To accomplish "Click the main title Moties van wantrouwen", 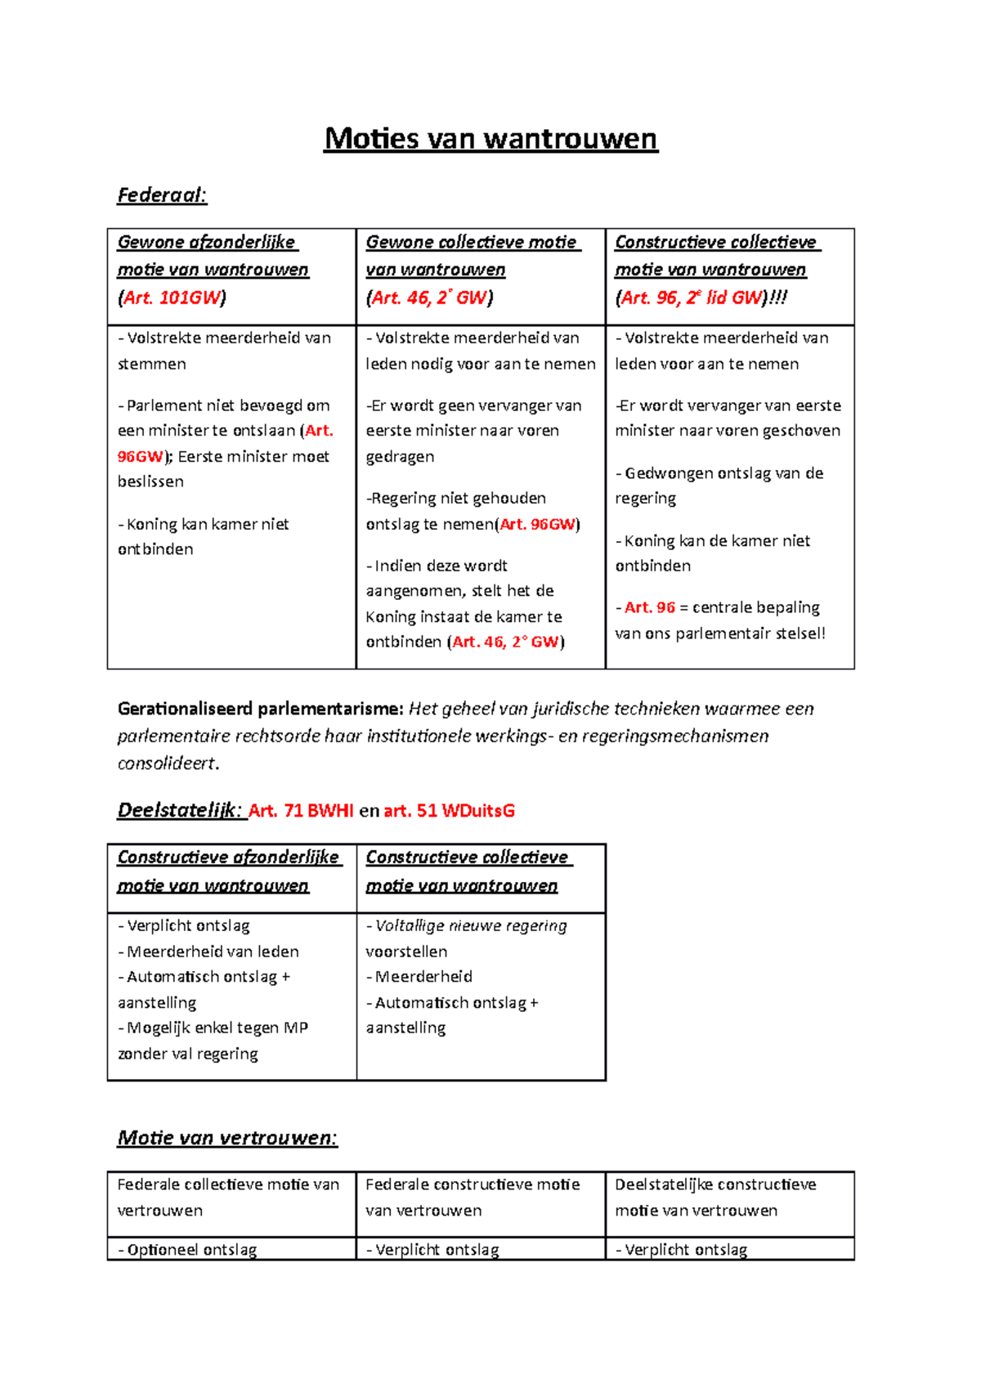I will pos(490,138).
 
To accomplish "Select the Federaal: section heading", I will pos(162,195).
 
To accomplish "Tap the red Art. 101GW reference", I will pos(172,298).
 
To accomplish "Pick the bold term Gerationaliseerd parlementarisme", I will pos(260,709).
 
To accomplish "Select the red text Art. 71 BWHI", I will pos(301,811).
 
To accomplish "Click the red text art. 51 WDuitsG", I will pos(449,811).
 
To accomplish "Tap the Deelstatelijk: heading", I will pos(180,811).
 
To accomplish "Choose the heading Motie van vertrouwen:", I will pos(227,1138).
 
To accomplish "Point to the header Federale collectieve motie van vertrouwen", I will pos(228,1197).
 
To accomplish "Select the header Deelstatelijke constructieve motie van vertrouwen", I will pos(715,1197).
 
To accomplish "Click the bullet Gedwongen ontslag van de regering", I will pos(719,486).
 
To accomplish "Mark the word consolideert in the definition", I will pos(168,763).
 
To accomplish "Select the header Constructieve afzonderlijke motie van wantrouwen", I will pos(228,871).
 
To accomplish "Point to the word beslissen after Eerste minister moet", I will pos(150,481).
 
